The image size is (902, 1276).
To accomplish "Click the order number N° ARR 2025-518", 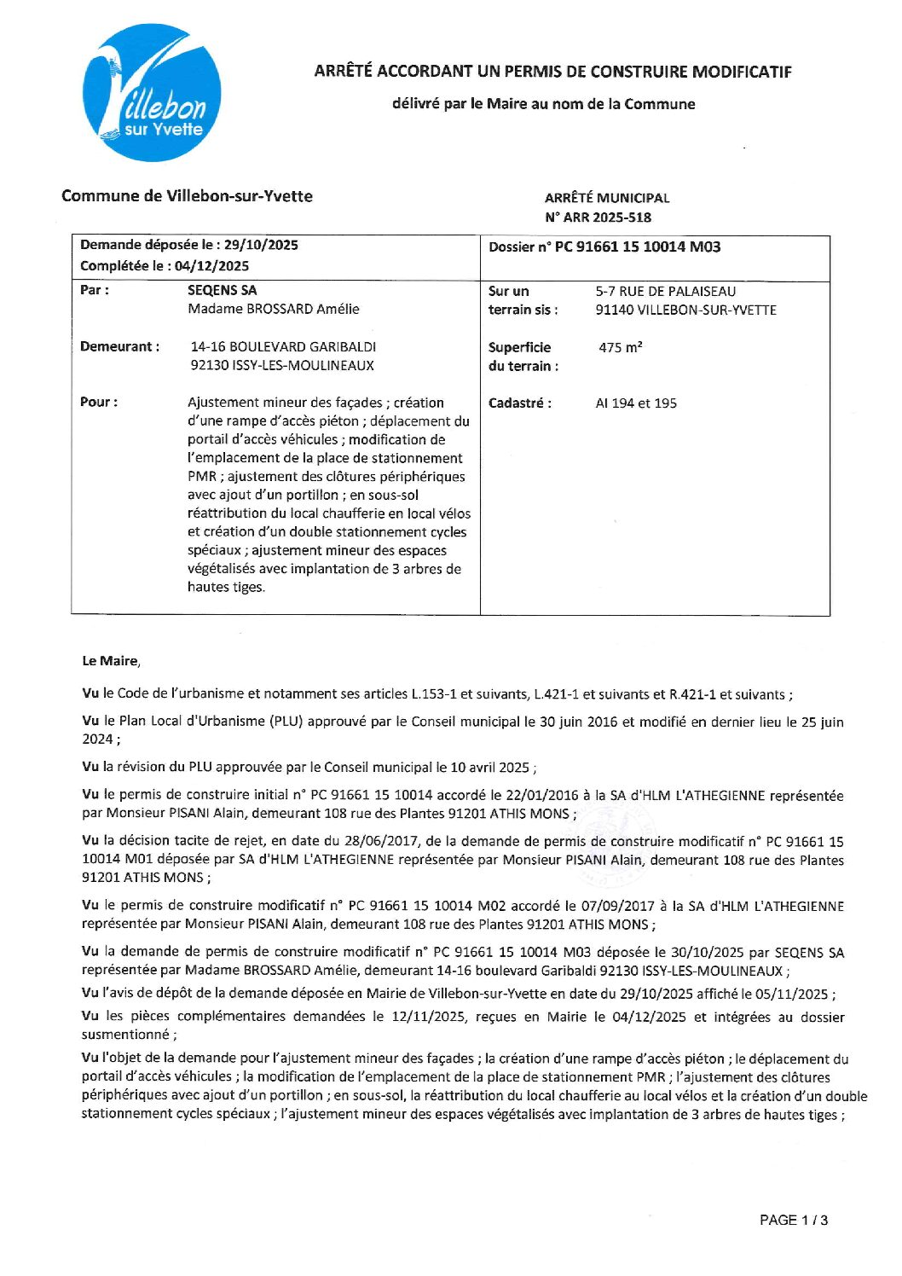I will click(x=598, y=217).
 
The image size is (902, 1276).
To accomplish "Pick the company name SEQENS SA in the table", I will click(x=222, y=291).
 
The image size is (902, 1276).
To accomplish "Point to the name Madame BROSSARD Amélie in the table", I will click(x=273, y=310).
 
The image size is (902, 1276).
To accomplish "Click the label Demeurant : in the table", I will click(x=119, y=347).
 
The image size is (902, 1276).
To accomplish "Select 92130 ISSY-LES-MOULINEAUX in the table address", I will click(x=282, y=366).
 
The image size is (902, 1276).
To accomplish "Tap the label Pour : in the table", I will click(x=99, y=403).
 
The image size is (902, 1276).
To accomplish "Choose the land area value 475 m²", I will click(x=620, y=348).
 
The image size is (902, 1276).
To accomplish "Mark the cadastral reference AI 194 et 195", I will click(x=636, y=403).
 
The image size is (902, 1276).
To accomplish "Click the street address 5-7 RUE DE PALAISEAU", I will click(x=665, y=292).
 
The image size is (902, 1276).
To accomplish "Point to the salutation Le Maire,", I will click(x=111, y=661).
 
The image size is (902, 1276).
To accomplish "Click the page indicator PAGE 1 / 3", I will click(x=793, y=1221).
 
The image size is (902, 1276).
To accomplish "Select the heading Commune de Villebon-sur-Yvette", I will click(x=187, y=196).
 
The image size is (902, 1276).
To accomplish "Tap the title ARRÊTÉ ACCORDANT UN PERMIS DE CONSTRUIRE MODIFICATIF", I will click(x=552, y=72).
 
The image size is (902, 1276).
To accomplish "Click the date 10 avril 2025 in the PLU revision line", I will click(x=491, y=768).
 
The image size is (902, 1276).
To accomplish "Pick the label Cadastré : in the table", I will click(x=519, y=403).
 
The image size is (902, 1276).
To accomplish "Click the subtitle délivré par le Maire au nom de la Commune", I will click(x=543, y=105).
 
